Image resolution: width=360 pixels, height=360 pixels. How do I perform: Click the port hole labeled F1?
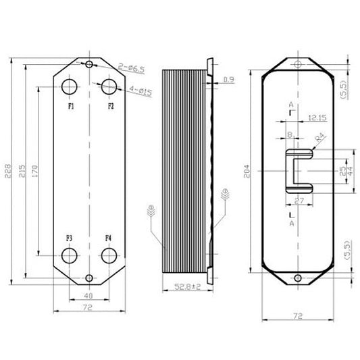70,87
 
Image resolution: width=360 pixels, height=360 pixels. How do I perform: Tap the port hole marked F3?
70,255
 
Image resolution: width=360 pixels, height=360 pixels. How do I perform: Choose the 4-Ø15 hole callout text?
139,91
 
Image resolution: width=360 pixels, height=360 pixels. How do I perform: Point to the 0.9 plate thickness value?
228,80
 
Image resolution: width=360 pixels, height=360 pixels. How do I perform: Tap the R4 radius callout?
321,138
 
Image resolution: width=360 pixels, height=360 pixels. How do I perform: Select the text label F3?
70,238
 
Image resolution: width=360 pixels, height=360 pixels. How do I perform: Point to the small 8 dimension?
290,135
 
